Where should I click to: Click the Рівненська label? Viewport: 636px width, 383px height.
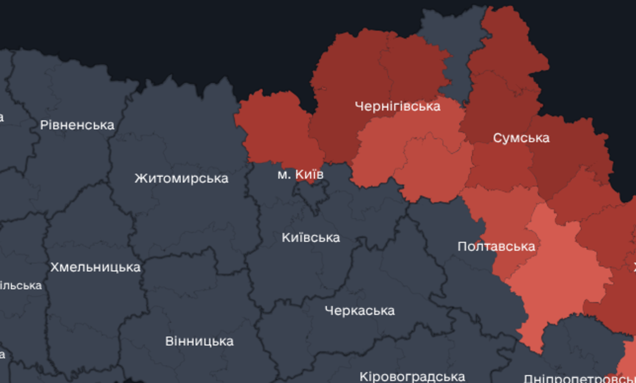(x=77, y=125)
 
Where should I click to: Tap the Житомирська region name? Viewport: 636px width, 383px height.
(x=181, y=178)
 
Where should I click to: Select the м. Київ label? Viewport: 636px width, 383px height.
(x=300, y=175)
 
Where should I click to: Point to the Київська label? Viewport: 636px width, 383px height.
(x=310, y=237)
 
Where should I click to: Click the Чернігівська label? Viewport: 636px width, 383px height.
(x=397, y=106)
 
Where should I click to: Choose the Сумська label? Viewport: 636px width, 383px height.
(x=521, y=138)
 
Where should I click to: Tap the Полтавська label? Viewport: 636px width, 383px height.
(x=496, y=246)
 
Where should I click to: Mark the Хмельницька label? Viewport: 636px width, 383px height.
(x=95, y=268)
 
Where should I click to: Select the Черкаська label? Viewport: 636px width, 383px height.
(x=359, y=311)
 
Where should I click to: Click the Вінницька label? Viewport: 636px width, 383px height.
(x=199, y=341)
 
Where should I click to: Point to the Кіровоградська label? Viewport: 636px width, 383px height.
(x=412, y=376)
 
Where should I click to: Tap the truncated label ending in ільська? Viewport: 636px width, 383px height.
(x=21, y=286)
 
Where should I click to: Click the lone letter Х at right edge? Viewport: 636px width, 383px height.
(x=633, y=268)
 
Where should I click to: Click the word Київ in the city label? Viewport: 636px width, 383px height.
(x=309, y=175)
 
